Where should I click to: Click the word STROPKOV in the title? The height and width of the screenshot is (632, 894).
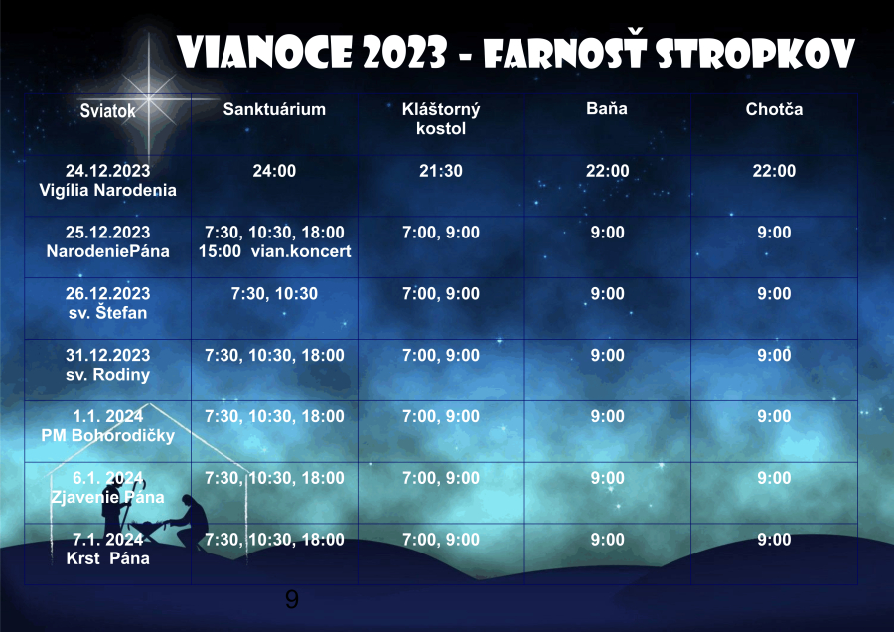click(756, 53)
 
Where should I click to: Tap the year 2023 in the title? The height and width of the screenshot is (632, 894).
click(404, 53)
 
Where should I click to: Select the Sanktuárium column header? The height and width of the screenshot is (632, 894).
click(274, 109)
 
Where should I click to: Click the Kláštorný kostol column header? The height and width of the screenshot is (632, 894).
click(441, 118)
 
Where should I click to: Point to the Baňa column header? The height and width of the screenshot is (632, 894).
click(607, 108)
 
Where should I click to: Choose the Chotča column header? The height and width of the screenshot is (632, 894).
click(774, 109)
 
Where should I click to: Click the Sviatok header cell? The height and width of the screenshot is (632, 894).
click(107, 110)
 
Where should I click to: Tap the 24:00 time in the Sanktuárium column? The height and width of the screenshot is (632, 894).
click(274, 171)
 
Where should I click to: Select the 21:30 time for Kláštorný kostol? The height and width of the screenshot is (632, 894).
click(441, 171)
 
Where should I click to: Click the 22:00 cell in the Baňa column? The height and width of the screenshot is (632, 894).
click(607, 171)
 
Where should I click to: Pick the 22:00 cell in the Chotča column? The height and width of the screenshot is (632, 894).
click(774, 171)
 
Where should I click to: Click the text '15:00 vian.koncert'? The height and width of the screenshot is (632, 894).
click(274, 251)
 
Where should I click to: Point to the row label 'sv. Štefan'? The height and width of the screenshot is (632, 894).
click(107, 313)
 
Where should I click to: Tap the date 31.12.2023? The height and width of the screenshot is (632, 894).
click(107, 355)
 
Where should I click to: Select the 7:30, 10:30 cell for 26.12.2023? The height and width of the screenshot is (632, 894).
click(274, 294)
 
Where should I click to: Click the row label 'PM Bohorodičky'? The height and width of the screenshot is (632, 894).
click(107, 436)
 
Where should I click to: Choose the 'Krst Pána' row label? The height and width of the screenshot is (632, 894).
click(107, 558)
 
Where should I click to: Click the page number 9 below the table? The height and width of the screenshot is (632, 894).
click(291, 599)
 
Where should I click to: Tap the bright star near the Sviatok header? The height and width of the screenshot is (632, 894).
click(149, 98)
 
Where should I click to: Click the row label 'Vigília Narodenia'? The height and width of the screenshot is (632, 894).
click(107, 190)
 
